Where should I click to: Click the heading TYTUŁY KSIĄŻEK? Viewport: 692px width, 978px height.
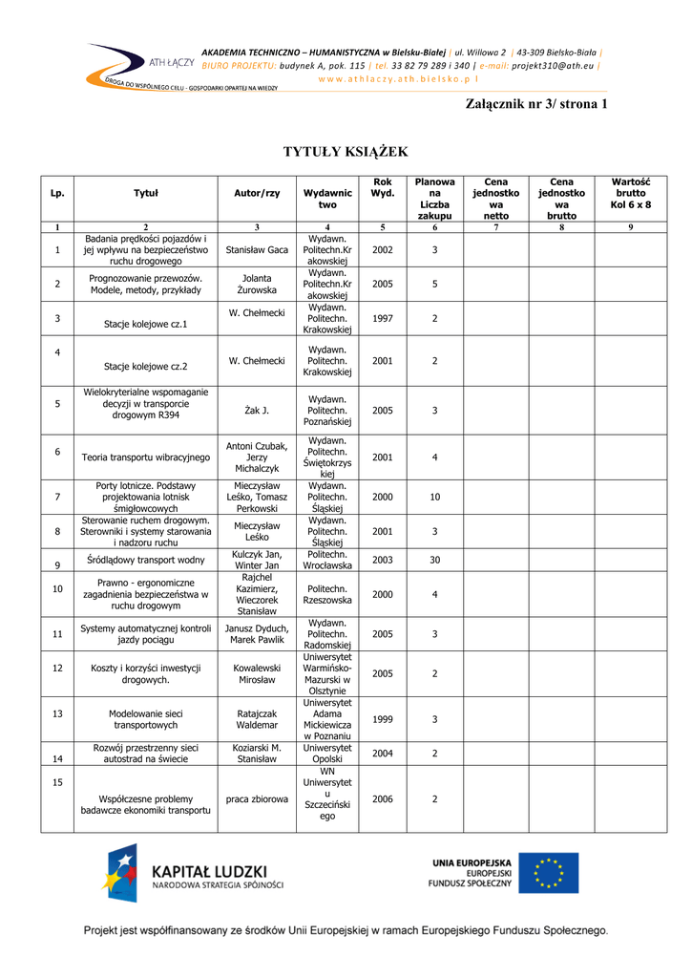tap(346, 152)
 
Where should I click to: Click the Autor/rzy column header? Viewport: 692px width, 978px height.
tap(257, 193)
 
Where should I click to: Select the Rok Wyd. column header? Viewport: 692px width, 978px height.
tap(382, 187)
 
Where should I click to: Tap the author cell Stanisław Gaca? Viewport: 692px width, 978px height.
tap(257, 249)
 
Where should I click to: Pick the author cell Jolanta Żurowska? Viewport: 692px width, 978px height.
tap(257, 284)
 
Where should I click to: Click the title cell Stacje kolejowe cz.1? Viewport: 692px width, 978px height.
tap(146, 323)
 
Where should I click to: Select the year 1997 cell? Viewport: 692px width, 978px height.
tap(382, 318)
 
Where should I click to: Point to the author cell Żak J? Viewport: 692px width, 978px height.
tap(257, 410)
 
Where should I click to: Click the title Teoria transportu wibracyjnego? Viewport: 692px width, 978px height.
tap(146, 457)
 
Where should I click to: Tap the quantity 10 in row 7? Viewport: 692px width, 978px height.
tap(434, 497)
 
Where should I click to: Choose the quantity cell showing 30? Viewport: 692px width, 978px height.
tap(434, 560)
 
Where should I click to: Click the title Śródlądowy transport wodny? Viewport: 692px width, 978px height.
tap(146, 560)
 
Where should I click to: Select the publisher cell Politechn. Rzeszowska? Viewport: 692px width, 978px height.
tap(327, 594)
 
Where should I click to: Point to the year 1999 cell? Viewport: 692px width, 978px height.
tap(382, 718)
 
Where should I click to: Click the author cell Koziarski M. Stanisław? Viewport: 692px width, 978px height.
tap(257, 753)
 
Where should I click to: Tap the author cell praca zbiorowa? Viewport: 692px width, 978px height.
tap(257, 798)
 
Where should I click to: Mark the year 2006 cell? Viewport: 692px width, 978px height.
tap(382, 798)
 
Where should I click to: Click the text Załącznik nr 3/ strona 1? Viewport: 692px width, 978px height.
tap(535, 103)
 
